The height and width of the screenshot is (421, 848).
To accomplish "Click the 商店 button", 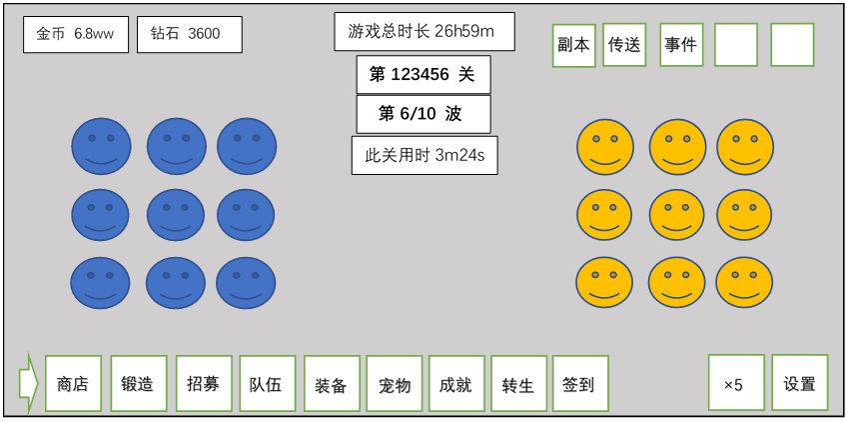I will point(74,384).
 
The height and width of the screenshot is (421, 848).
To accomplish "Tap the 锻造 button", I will point(139,384).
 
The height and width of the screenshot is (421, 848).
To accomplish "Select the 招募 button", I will point(204,384).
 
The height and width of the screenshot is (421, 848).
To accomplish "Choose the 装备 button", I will point(332,384).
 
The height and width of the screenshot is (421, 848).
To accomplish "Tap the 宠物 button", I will point(395,384).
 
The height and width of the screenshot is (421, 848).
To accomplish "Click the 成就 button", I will point(456,384).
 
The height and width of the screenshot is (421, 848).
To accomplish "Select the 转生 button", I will point(518,384).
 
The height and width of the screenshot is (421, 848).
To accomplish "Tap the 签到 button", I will point(579,384).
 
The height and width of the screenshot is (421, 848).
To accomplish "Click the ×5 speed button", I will point(736,383).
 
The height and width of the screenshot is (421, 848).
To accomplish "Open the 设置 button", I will point(800,383).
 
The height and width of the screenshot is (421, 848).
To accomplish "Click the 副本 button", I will point(574,45).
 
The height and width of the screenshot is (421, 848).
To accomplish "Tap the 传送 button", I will point(624,45).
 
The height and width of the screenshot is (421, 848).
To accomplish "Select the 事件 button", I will point(681,45).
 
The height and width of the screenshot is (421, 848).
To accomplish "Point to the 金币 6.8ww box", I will point(76,34).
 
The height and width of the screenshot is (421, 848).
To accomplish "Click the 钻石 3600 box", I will point(189,34).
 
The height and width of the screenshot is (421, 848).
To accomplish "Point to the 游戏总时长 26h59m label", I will point(424,32).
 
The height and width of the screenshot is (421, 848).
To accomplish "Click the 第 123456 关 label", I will point(424,74).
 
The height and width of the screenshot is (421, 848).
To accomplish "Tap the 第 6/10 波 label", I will point(424,114).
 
